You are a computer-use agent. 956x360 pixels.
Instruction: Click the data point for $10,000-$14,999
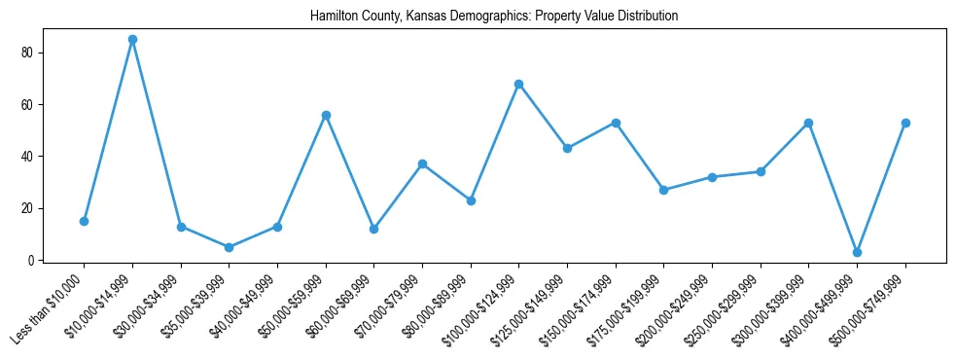(x=132, y=39)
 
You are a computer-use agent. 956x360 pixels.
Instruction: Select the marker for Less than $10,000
(x=84, y=221)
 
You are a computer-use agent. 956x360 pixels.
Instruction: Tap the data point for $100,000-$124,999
(x=519, y=84)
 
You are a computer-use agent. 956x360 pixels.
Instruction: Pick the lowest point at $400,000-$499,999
(x=857, y=252)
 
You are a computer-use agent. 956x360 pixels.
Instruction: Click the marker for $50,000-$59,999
(x=326, y=115)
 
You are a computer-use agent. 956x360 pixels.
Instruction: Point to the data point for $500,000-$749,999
(x=905, y=123)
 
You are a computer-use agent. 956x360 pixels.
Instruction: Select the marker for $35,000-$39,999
(x=229, y=247)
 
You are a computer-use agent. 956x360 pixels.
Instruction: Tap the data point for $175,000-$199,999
(x=663, y=190)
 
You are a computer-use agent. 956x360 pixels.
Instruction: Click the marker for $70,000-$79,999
(x=422, y=163)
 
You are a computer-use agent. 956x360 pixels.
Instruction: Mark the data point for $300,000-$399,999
(x=808, y=123)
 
